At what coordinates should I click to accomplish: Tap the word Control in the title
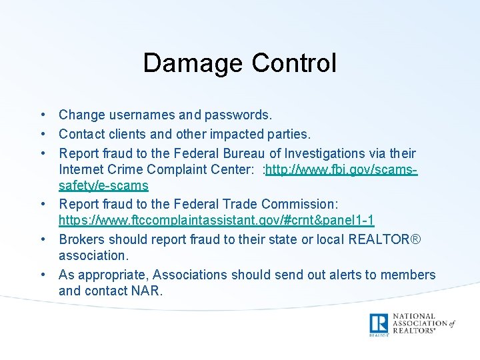(294, 63)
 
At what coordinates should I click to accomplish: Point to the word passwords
(240, 116)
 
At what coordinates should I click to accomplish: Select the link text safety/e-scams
(103, 185)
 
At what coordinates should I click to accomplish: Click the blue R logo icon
(379, 323)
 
